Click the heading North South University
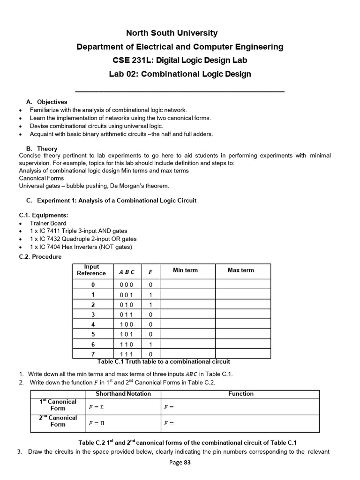[x=172, y=33]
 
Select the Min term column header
[x=185, y=270]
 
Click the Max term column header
[x=240, y=270]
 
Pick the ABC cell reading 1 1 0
[x=126, y=344]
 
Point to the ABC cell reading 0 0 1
[x=126, y=295]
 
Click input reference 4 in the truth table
[x=93, y=324]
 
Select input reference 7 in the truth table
[x=93, y=354]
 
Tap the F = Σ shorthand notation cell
[x=97, y=407]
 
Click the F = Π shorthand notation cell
[x=97, y=423]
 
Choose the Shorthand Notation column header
[x=123, y=394]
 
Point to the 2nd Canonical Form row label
[x=58, y=421]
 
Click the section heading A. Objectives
[x=47, y=102]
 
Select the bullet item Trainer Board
[x=48, y=223]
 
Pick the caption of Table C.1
[x=163, y=361]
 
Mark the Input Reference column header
[x=91, y=270]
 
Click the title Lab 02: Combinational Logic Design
[x=180, y=74]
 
